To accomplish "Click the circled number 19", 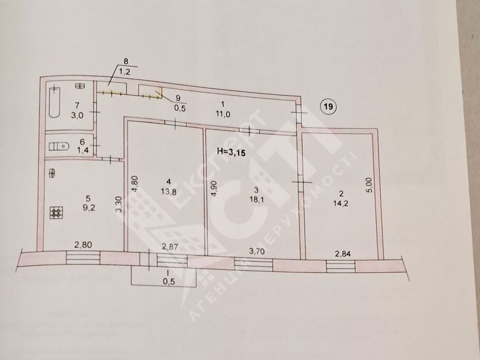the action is (x=328, y=107).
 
